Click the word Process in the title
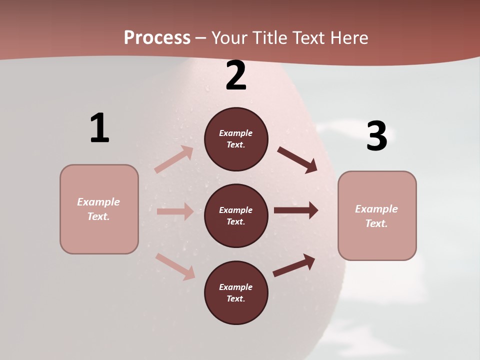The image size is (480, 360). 157,38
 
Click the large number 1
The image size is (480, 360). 99,128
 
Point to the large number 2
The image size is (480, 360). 236,75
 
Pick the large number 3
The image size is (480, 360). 376,136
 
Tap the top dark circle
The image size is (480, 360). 236,139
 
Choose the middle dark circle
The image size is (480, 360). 236,215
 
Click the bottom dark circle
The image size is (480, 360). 236,292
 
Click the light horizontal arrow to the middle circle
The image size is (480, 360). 175,211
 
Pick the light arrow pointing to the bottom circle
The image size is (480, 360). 175,266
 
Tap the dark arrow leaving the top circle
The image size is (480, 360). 297,159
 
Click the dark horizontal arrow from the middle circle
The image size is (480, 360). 296,210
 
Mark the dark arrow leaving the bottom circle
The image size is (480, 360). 294,265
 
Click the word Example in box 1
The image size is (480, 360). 98,202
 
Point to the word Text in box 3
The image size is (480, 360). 376,223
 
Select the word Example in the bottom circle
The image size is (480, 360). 235,287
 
